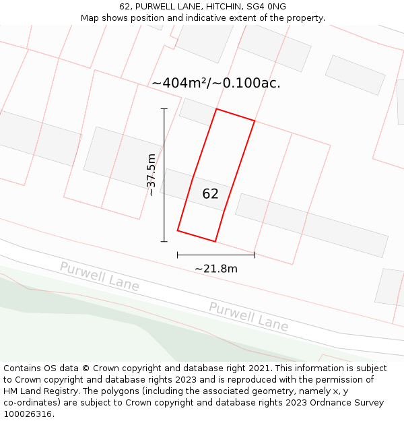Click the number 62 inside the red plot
click(210, 194)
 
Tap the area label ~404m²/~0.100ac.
click(215, 83)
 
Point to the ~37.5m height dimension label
click(151, 174)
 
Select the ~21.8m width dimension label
click(216, 269)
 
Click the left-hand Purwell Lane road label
click(99, 276)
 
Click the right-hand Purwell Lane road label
click(248, 316)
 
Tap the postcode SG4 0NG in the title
click(267, 7)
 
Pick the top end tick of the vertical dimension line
click(164, 108)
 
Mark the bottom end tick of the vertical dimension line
click(164, 241)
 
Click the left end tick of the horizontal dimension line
click(178, 255)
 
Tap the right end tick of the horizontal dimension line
click(255, 255)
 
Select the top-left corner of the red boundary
click(216, 109)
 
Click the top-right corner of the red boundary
click(255, 121)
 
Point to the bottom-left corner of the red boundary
click(178, 230)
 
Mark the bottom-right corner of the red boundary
click(215, 241)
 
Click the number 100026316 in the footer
click(27, 414)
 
